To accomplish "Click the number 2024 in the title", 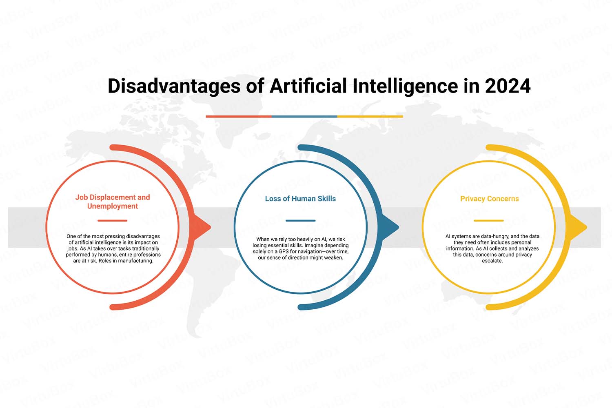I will coord(508,86).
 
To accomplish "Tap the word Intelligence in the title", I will coord(405,86).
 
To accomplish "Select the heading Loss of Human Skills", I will coord(300,199).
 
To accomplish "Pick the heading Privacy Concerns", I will coord(489,199).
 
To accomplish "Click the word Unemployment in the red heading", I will coord(113,206).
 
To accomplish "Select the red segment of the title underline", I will coord(239,116).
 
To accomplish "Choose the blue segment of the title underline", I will coord(304,116).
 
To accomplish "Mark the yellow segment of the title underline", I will coord(370,116).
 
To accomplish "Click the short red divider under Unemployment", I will coord(113,221).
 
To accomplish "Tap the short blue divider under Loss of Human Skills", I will coord(301,221).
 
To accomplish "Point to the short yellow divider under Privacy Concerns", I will coord(489,221).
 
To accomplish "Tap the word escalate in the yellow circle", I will coord(492,261).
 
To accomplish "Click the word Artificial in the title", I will coord(308,86).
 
